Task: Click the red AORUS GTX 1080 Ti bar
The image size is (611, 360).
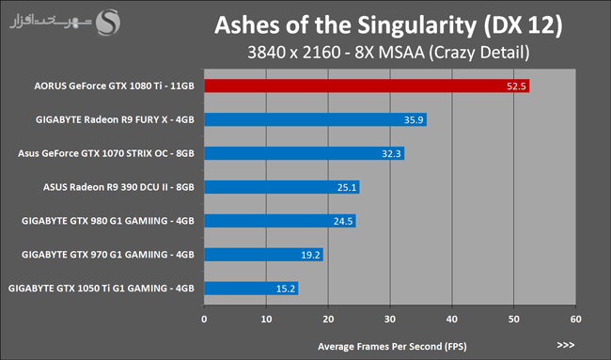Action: pos(367,86)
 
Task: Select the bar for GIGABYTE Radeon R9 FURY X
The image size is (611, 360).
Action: pos(315,119)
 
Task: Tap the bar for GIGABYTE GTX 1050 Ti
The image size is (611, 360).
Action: pos(251,289)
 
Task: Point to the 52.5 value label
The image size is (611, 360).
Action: pos(516,86)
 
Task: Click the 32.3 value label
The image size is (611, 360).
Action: pos(391,153)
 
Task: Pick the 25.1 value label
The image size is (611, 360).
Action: pos(347,187)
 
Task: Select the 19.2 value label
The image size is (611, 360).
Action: pos(310,255)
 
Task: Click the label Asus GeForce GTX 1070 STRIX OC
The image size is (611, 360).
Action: pos(106,153)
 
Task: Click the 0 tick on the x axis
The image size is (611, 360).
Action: pos(204,319)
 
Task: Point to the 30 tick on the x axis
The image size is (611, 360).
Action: pos(390,319)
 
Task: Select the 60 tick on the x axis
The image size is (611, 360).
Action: pos(575,319)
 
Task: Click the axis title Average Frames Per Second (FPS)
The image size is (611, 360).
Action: pos(392,346)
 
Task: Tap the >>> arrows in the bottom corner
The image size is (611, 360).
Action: pos(566,345)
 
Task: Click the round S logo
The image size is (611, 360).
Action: pos(108,23)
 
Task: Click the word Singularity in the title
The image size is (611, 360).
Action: pos(417,25)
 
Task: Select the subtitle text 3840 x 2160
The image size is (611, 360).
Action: pos(294,53)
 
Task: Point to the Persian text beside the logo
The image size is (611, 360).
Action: pos(50,22)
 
